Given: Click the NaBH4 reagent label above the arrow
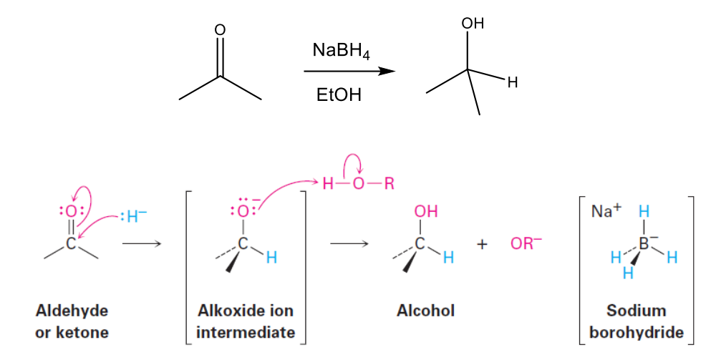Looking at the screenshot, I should (341, 51).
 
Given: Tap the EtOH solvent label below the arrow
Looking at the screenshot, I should (339, 95).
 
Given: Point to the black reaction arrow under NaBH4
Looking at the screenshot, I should (349, 72).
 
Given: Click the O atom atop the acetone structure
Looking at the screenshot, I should (220, 29).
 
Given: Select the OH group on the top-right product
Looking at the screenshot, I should (473, 24).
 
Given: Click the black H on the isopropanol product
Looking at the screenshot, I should (511, 83).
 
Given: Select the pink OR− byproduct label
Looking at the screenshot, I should (526, 244).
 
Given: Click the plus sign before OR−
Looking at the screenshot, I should (483, 245).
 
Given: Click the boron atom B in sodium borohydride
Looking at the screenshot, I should (643, 244).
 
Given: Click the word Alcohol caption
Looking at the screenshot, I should (425, 311).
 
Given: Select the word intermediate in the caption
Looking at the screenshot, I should (245, 332).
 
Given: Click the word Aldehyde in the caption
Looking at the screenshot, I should (72, 311).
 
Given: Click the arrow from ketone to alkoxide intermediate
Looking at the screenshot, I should (142, 244).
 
